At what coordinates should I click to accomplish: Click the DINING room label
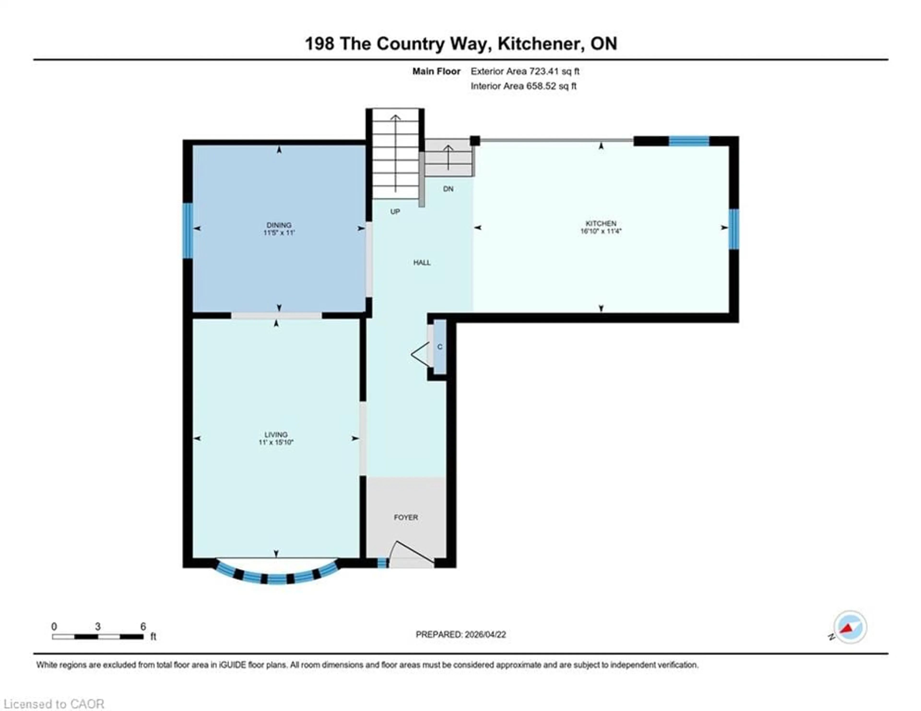[279, 225]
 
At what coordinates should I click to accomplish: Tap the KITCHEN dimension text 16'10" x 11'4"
[601, 231]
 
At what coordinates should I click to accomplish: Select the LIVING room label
[276, 434]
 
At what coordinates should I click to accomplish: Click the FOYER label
[406, 517]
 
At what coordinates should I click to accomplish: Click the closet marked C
[440, 347]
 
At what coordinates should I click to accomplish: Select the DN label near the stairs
[448, 189]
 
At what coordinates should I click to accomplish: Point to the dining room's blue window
[188, 231]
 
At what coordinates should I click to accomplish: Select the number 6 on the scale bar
[143, 626]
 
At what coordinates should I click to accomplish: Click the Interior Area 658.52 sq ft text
[523, 86]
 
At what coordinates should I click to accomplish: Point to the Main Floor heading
[436, 71]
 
